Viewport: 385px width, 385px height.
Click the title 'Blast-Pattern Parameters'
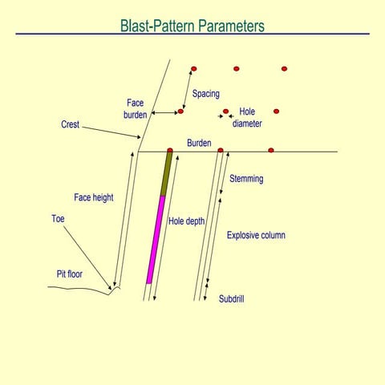click(192, 25)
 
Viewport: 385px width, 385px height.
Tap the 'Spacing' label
click(206, 94)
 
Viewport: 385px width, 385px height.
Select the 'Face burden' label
click(136, 108)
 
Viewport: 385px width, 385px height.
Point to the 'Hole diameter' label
click(247, 118)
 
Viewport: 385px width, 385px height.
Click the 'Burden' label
click(199, 141)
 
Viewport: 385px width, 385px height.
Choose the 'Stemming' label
click(246, 179)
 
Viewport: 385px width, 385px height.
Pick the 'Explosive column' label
click(256, 235)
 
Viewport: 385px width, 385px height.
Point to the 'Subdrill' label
click(232, 298)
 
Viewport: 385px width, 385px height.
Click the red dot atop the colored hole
click(170, 150)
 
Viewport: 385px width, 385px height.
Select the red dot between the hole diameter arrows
click(225, 111)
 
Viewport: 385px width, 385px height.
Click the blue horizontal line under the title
click(192, 34)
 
